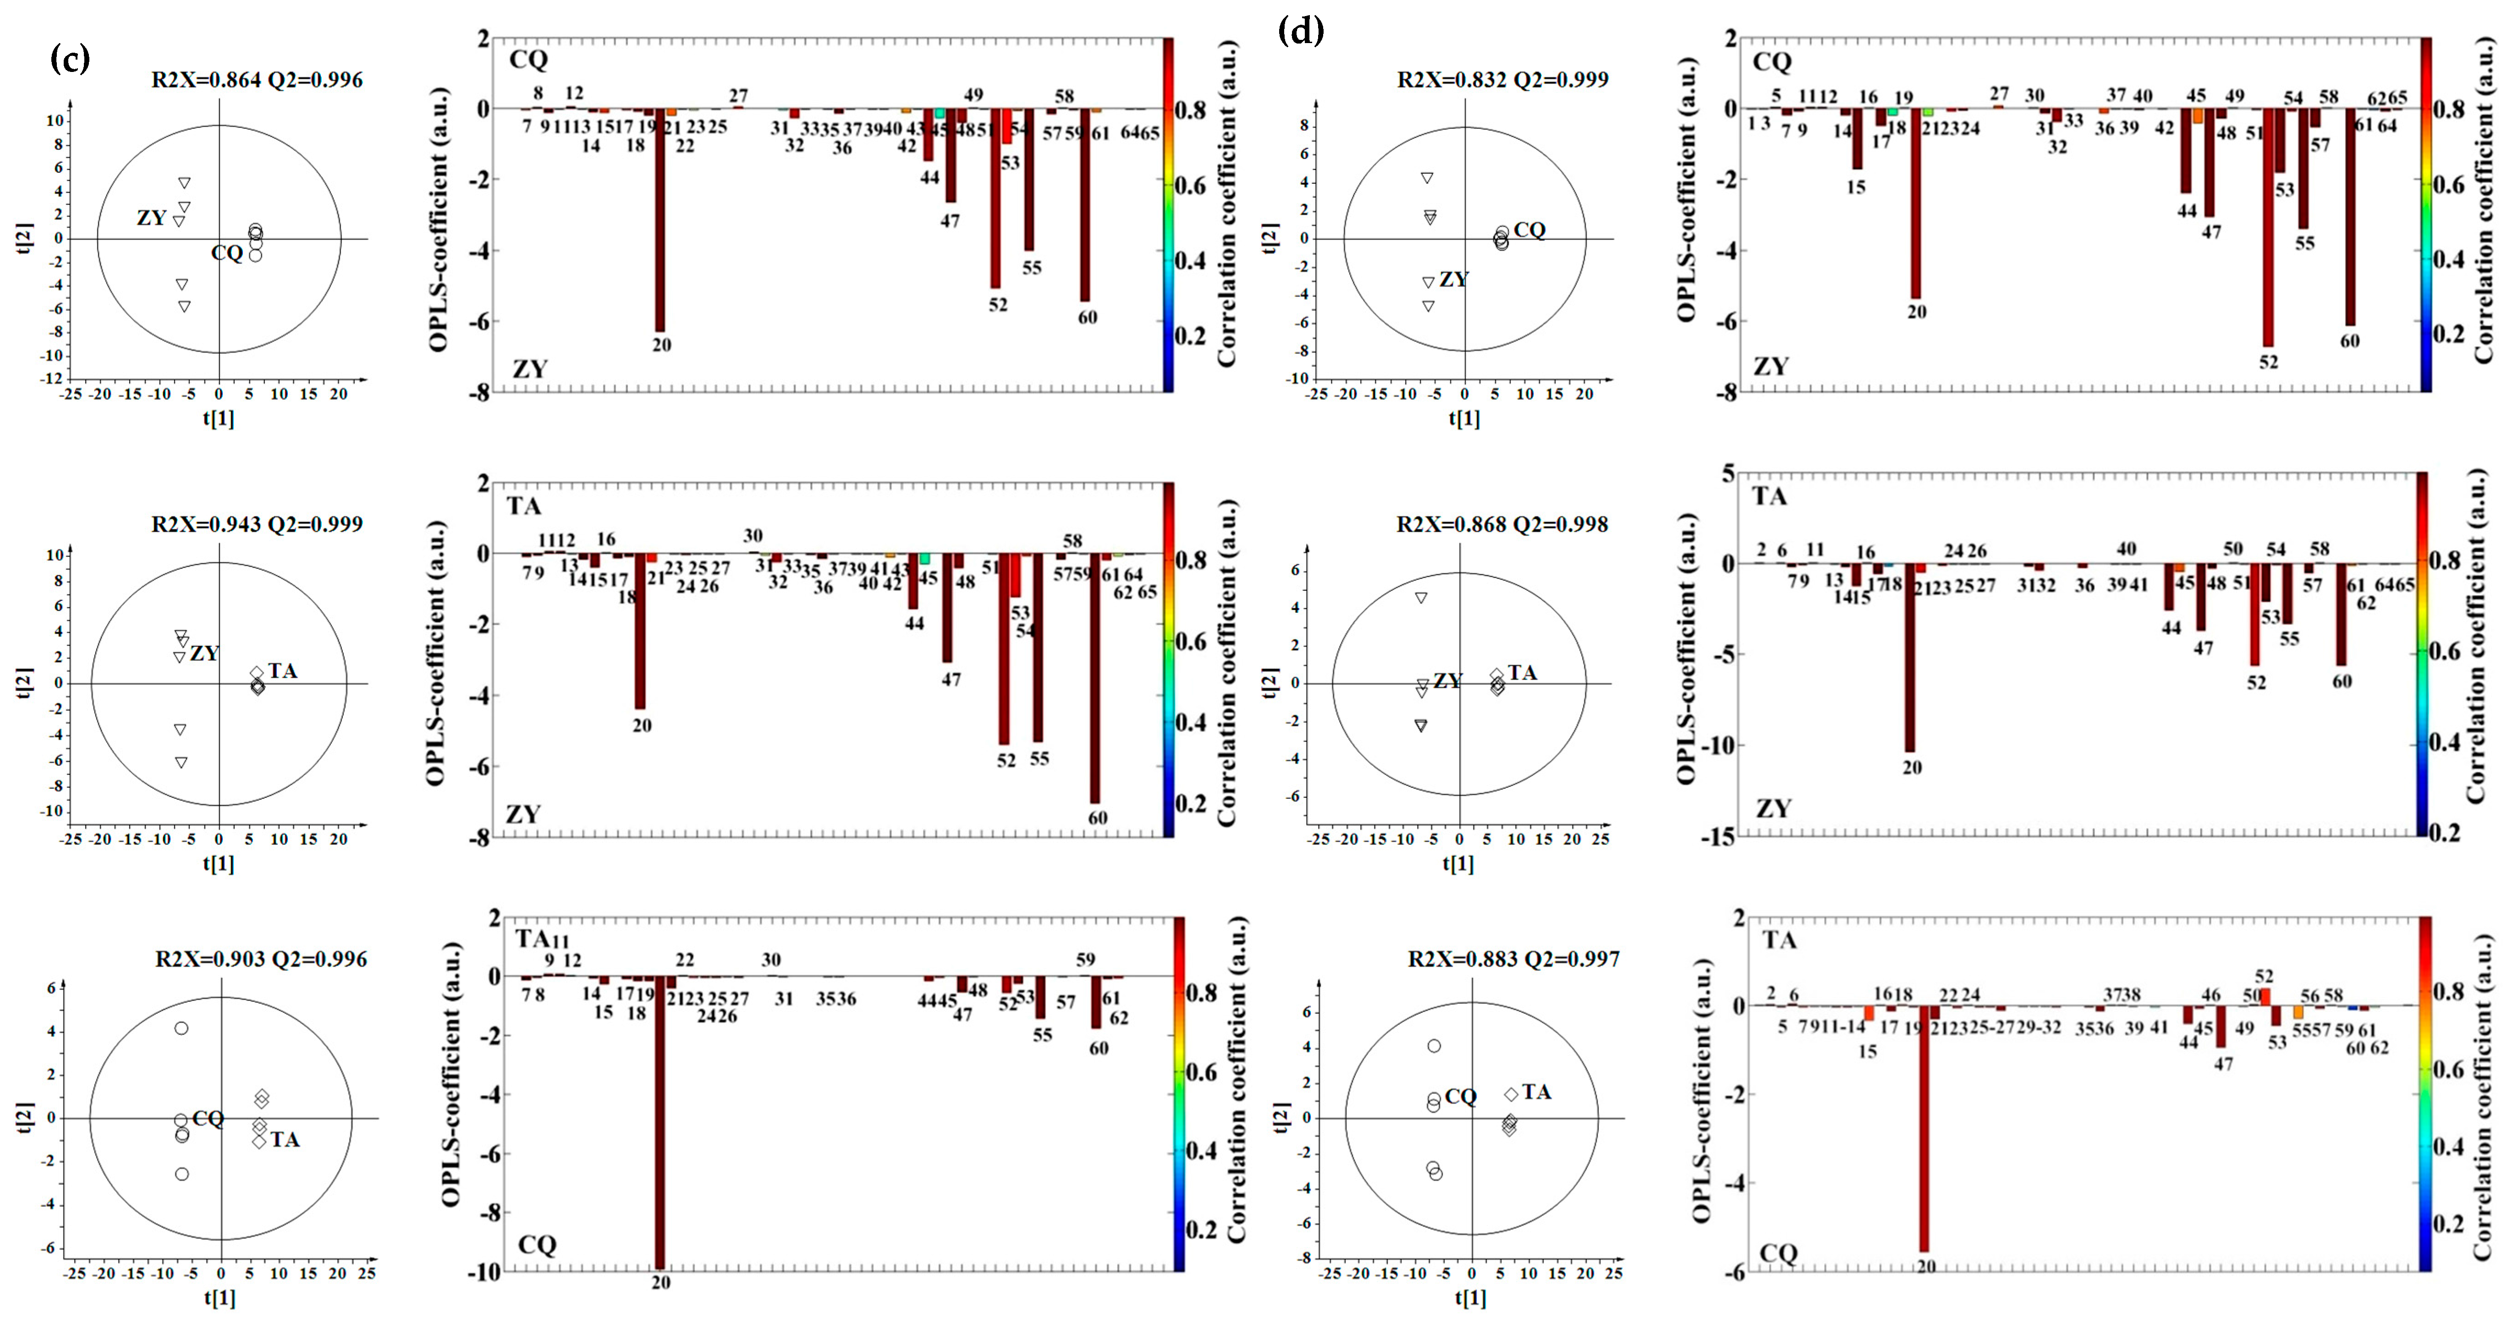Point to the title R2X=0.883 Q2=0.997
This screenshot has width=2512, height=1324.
tap(1513, 959)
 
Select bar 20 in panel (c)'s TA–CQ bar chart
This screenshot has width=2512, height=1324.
tap(660, 1121)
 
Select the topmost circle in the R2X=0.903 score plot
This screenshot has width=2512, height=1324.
tap(181, 1028)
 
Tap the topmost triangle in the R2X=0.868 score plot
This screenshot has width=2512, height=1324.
tap(1422, 598)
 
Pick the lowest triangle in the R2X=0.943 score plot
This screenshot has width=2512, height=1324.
tap(181, 763)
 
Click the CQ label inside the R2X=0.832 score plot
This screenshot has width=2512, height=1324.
tap(1529, 230)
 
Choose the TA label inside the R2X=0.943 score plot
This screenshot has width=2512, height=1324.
tap(283, 671)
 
